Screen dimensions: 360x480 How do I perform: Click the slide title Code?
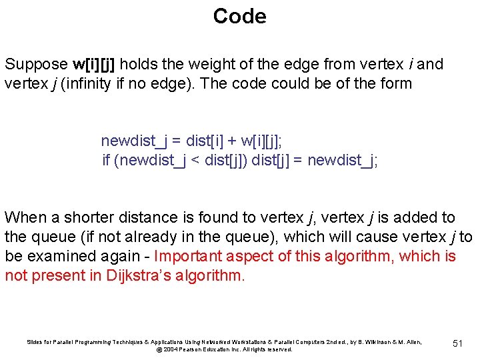[x=239, y=16]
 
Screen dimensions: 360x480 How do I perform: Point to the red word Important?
[x=188, y=256]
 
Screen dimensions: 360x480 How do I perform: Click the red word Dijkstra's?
[x=140, y=275]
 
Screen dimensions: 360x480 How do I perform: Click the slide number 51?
[x=457, y=343]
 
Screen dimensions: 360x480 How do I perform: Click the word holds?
[x=138, y=65]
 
